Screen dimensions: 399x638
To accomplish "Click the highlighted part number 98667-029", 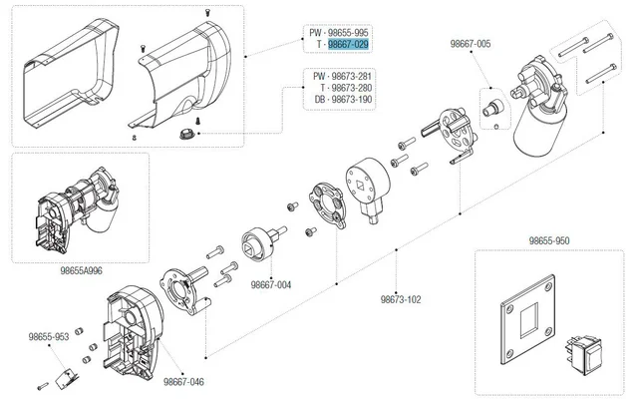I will pyautogui.click(x=349, y=45).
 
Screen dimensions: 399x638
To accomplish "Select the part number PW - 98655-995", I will pyautogui.click(x=339, y=32).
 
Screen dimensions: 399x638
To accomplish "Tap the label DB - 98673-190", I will pyautogui.click(x=339, y=101).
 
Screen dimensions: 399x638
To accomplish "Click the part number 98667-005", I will pyautogui.click(x=471, y=45).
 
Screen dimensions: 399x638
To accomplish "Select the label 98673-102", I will pyautogui.click(x=401, y=298).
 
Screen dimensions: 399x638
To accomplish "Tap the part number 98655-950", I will pyautogui.click(x=549, y=241).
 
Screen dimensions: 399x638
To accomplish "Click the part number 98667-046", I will pyautogui.click(x=183, y=381).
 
